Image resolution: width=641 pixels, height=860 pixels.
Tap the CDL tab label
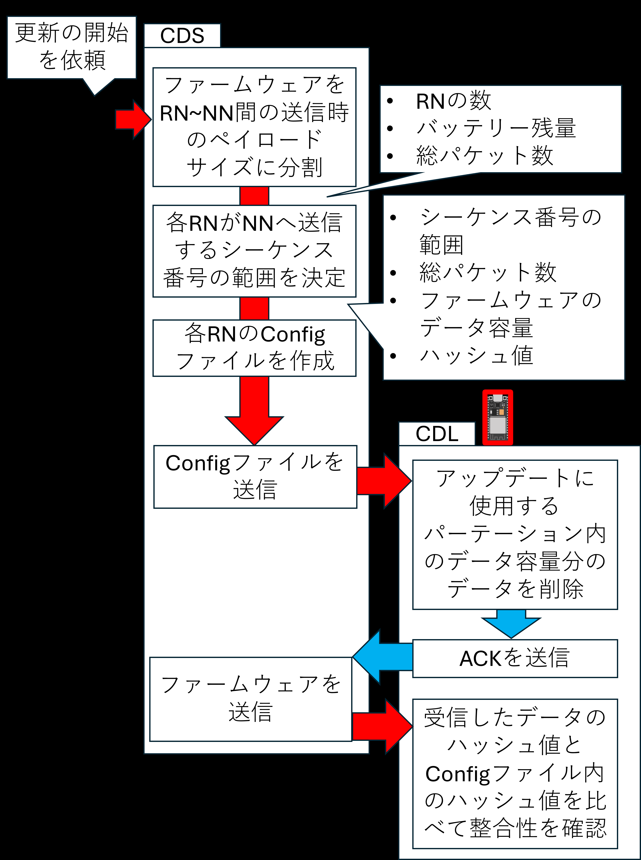point(437,434)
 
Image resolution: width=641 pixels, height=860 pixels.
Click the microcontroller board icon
point(498,417)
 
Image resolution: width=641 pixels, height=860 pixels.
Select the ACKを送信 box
point(515,658)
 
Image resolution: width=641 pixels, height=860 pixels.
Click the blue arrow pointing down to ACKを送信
point(511,623)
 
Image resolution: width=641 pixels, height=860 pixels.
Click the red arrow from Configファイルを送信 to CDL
point(384,481)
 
